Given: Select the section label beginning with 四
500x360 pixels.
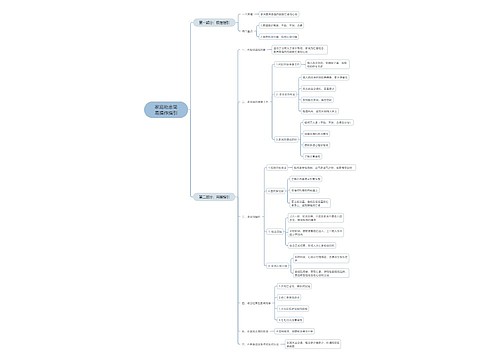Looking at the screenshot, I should pos(256,301).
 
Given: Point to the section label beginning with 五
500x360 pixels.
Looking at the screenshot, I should pos(256,330).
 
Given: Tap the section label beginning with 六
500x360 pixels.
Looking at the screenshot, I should pos(257,344).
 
